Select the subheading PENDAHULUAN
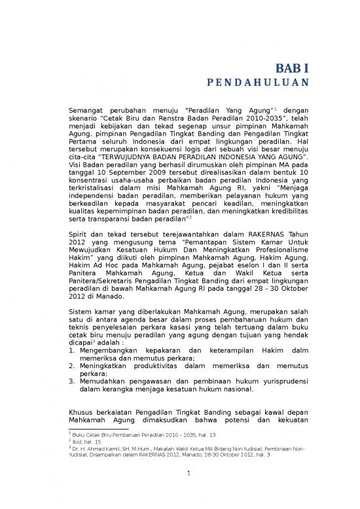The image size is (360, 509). coord(253,84)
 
